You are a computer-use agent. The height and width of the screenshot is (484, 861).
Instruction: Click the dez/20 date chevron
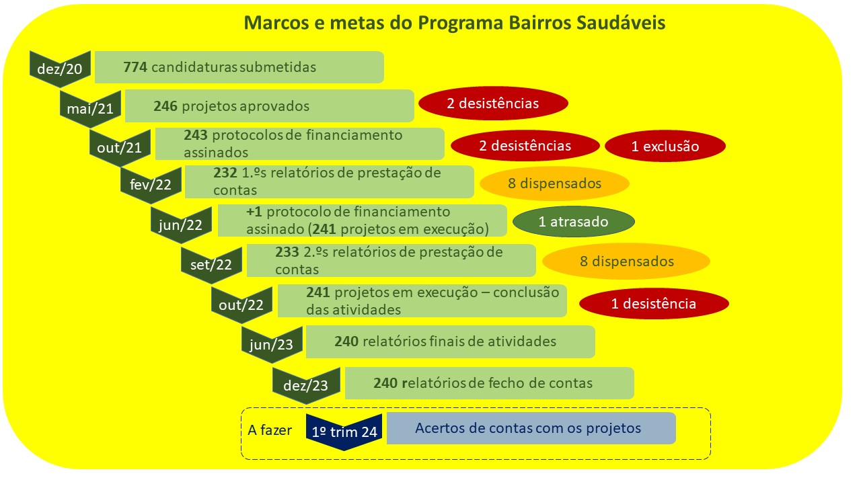pos(61,69)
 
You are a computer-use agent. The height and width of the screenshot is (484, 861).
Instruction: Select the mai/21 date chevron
pos(91,108)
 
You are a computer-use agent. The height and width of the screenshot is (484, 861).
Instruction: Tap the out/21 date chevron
pos(120,147)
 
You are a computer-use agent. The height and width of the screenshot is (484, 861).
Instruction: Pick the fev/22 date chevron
pos(151,185)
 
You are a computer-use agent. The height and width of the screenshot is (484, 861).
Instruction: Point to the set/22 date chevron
pos(211,265)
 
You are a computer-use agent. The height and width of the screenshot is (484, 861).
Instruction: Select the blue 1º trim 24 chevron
pos(344,432)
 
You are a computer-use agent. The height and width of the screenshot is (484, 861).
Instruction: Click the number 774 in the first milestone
pos(135,67)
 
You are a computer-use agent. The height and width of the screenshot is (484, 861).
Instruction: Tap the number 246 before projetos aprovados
pos(165,106)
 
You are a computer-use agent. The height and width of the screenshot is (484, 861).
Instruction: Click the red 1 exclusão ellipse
pos(665,146)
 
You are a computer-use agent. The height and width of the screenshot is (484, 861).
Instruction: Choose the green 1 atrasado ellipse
pos(574,222)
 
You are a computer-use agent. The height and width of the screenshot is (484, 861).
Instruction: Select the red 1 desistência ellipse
pos(654,303)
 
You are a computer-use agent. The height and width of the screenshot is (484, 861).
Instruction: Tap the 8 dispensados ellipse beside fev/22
pos(554,184)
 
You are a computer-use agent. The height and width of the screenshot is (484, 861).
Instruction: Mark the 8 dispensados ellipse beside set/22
pos(626,261)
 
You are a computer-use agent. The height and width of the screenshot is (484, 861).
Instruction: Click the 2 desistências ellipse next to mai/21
pos(493,104)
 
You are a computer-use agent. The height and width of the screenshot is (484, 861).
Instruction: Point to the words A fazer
pos(270,430)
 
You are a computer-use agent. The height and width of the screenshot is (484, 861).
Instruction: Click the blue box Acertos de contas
pos(531,428)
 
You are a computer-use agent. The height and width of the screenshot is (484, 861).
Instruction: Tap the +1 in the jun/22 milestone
pos(254,212)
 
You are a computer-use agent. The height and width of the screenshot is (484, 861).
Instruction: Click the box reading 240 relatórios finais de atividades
pos(451,342)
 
